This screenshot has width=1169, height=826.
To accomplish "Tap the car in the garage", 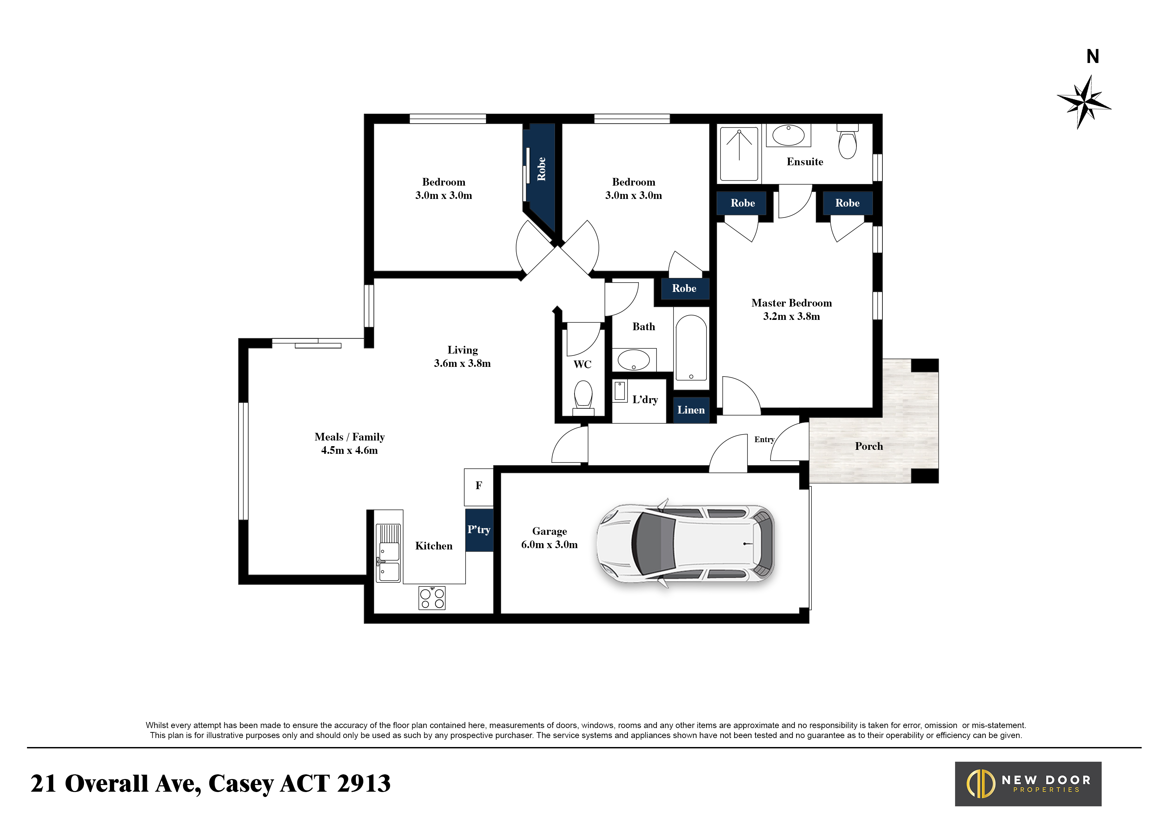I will tap(685, 543).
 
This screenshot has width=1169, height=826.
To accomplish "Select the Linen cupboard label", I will tap(691, 410).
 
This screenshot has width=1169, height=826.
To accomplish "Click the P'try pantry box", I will tap(479, 530).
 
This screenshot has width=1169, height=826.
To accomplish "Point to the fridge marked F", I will tap(479, 486).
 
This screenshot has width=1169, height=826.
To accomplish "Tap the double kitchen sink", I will tap(389, 553).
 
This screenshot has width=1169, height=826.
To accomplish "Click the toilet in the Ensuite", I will tap(848, 143).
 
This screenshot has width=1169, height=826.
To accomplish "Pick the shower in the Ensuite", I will tap(739, 153).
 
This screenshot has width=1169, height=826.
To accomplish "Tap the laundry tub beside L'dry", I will tap(619, 392).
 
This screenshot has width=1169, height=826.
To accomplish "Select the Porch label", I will tap(869, 446).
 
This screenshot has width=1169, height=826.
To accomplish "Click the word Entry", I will tap(764, 440).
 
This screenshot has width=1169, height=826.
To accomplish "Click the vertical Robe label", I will tap(541, 169).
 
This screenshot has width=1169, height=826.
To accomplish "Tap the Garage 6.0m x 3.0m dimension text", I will tap(550, 544).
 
